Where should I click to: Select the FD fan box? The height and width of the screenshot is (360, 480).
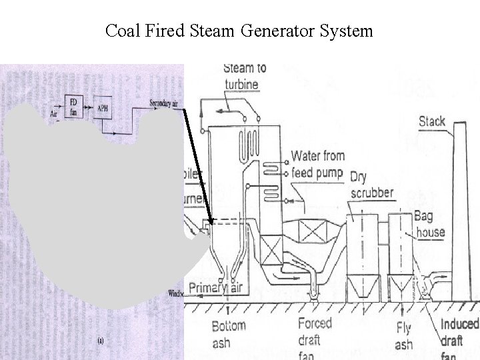point(75,105)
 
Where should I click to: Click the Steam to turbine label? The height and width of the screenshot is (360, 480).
point(244,76)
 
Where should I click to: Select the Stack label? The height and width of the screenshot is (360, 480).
point(432,121)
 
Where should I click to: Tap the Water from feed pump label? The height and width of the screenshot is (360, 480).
point(317,165)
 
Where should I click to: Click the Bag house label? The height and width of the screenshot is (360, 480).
point(429,224)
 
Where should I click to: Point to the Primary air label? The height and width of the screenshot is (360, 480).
point(215,288)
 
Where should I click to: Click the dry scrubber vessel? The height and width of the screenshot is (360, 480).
point(361,253)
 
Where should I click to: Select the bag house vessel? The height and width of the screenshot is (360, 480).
point(400,253)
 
